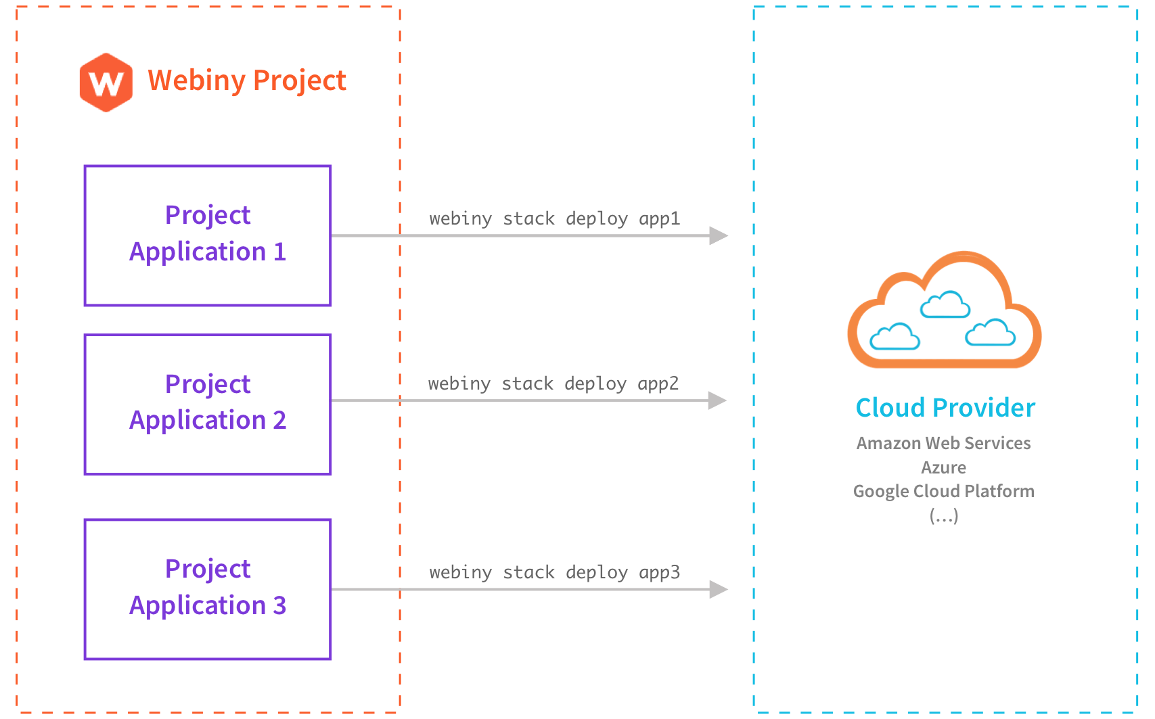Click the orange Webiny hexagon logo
106,83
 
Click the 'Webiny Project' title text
247,80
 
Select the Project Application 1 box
208,235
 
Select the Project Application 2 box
208,404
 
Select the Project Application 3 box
208,588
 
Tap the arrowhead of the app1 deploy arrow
718,235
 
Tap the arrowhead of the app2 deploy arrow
717,400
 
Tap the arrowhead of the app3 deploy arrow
718,589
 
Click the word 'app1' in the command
659,219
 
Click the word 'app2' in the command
658,384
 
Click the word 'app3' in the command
659,573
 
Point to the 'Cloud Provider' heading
945,408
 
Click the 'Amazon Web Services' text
943,443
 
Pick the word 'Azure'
943,467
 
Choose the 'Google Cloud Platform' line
943,491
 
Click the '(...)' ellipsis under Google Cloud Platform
943,516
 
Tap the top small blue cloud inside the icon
945,305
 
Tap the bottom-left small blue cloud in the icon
894,337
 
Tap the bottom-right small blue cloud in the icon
990,333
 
